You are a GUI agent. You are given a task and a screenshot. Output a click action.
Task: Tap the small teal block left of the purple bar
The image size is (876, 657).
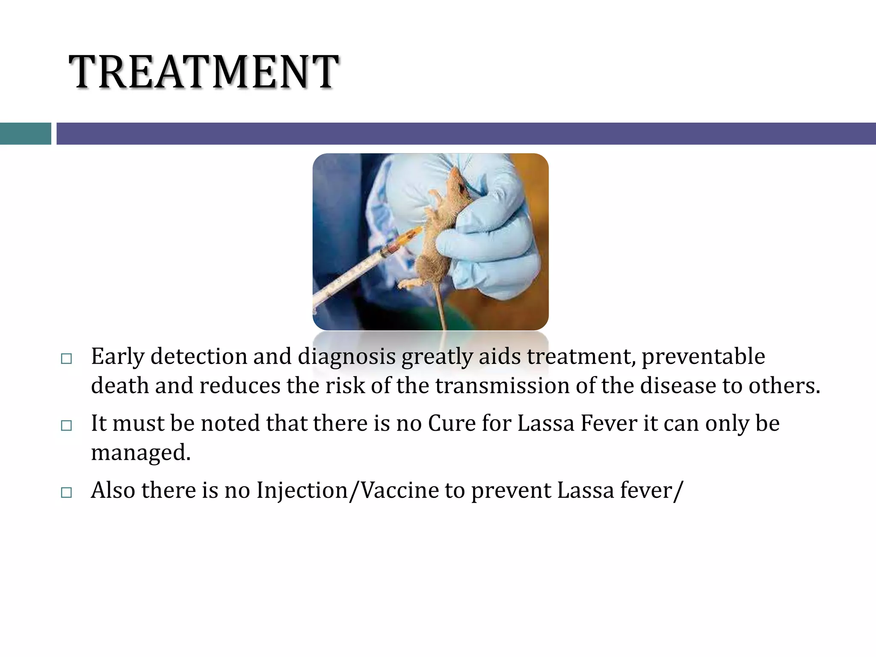(25, 133)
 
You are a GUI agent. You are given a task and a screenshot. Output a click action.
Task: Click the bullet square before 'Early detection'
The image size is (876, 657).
(66, 358)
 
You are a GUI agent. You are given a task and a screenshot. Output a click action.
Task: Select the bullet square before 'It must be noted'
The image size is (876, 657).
(66, 425)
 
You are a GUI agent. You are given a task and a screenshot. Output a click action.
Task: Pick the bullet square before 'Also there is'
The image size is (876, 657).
(66, 492)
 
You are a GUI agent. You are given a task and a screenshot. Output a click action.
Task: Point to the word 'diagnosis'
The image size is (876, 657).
(346, 357)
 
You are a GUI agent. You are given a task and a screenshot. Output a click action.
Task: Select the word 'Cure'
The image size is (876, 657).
(451, 423)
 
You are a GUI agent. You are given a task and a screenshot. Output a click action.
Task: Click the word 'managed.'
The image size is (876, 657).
(141, 453)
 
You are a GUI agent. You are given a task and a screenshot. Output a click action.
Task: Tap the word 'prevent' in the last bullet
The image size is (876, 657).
(511, 490)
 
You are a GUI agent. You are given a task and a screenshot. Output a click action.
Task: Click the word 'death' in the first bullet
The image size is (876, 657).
(119, 386)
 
